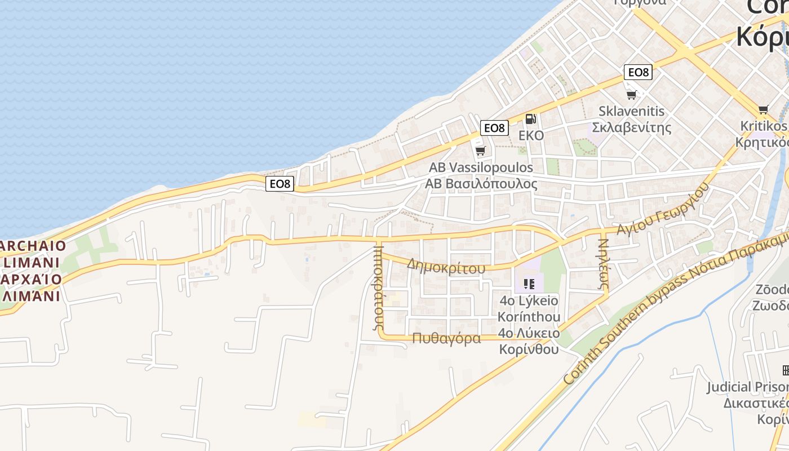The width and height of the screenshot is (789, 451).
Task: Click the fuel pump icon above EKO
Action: point(530,119)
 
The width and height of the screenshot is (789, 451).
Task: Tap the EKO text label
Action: point(531,136)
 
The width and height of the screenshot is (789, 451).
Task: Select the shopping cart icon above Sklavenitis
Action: point(631,95)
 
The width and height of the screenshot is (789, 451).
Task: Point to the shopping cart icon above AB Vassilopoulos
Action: point(480,151)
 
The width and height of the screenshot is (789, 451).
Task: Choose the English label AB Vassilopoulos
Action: point(481,167)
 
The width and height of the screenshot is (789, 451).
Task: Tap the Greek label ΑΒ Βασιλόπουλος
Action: point(481,184)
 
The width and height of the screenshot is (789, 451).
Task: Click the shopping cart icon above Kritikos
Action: point(763,109)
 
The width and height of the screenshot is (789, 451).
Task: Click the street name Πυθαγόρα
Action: point(446,338)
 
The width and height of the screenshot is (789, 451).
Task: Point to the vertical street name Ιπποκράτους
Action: point(378,287)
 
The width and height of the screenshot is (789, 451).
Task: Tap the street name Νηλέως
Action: point(603,264)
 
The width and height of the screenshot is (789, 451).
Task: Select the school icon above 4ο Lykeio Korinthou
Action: point(529,284)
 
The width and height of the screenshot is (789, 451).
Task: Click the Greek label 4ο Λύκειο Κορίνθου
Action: point(529,341)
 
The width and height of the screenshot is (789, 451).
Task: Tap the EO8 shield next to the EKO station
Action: point(494,128)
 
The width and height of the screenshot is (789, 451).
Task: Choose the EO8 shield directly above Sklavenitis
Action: point(638,72)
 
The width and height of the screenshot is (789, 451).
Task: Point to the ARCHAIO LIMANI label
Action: point(31,255)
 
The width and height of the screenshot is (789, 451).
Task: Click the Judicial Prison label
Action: point(747,387)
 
